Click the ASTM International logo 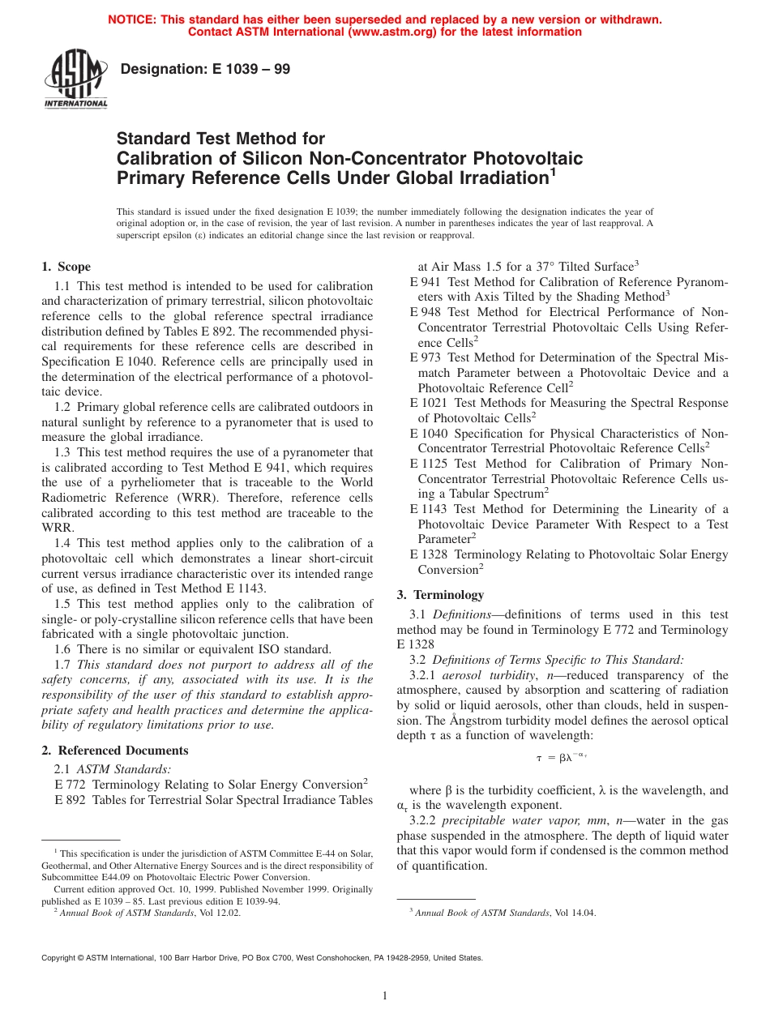[75, 79]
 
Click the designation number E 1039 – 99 [205, 70]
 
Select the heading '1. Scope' [66, 267]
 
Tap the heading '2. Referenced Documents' [114, 751]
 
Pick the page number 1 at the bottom [385, 995]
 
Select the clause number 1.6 [63, 648]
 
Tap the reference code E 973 [427, 357]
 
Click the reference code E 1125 [430, 464]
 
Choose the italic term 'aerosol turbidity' [486, 675]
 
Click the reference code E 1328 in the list [430, 554]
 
